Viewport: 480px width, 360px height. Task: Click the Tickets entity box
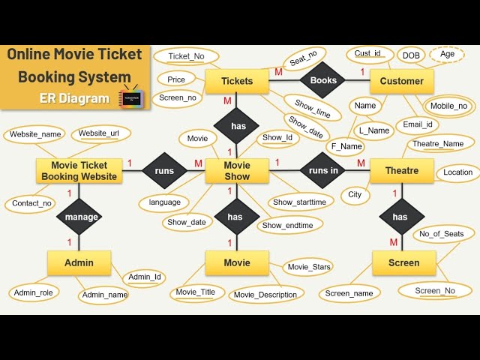click(x=237, y=81)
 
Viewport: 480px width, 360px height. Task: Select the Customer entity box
click(x=401, y=81)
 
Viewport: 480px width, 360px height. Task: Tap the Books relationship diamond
click(x=323, y=80)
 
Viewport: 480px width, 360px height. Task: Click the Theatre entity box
click(x=401, y=171)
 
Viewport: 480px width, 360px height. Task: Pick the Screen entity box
click(x=403, y=262)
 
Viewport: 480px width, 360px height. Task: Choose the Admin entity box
click(x=79, y=262)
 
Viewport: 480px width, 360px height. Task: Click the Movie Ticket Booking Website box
click(x=79, y=171)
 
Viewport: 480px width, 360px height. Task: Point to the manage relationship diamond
click(x=81, y=217)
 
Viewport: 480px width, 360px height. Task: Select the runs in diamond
click(x=323, y=171)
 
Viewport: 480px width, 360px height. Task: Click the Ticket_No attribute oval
click(x=185, y=56)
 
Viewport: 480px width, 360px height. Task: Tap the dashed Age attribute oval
click(x=447, y=55)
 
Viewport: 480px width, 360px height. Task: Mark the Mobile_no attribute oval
click(x=448, y=106)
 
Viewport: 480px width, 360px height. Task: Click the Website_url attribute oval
click(x=99, y=133)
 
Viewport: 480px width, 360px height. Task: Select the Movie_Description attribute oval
click(x=265, y=295)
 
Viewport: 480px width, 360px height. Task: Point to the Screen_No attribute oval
click(x=435, y=290)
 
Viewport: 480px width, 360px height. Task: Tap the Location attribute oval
click(x=457, y=172)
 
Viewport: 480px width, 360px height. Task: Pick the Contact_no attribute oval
click(x=32, y=203)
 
